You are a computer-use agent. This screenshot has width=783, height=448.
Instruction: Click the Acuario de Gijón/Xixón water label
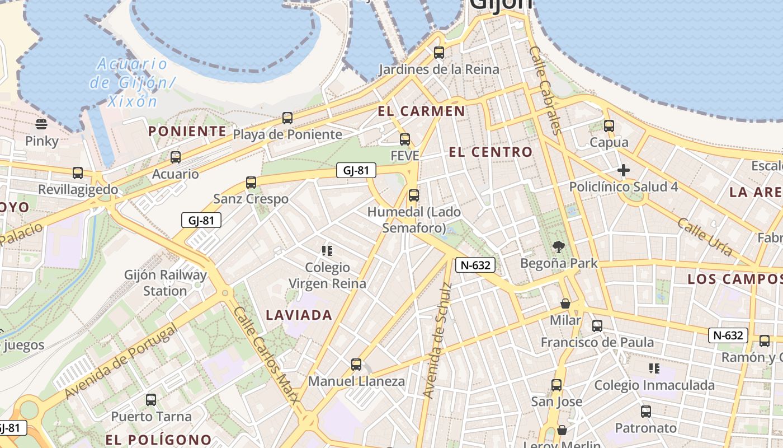coord(132,82)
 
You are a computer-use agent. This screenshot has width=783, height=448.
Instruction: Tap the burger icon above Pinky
coord(41,124)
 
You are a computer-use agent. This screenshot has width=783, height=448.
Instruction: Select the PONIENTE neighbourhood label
coord(187,132)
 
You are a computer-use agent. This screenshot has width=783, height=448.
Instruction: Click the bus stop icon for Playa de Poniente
coord(287,118)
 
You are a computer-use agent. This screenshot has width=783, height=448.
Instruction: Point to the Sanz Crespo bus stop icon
coord(251,182)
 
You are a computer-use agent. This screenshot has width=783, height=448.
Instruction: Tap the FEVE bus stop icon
coord(404,139)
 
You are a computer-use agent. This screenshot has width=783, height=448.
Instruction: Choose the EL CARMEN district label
coord(421,111)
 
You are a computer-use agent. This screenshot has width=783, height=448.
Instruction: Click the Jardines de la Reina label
coord(439,69)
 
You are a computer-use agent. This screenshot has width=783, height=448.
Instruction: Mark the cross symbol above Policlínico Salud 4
coord(624,170)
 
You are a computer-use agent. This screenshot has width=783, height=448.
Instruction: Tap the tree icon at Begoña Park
coord(558,246)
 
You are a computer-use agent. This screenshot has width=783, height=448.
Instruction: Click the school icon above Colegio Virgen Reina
coord(327,250)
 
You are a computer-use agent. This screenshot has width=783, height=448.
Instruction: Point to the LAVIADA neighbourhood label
coord(299,315)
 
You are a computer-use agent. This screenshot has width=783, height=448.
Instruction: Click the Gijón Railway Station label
coord(165,283)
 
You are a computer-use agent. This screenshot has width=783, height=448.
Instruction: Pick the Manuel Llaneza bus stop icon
coord(356,365)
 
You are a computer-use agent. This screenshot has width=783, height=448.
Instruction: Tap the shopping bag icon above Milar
coord(565,304)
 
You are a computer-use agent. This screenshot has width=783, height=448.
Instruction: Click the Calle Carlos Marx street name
coord(266,354)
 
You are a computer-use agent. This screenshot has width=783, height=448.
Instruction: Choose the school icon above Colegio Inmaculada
coord(654,368)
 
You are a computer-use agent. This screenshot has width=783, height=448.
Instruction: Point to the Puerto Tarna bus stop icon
coord(151,400)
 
